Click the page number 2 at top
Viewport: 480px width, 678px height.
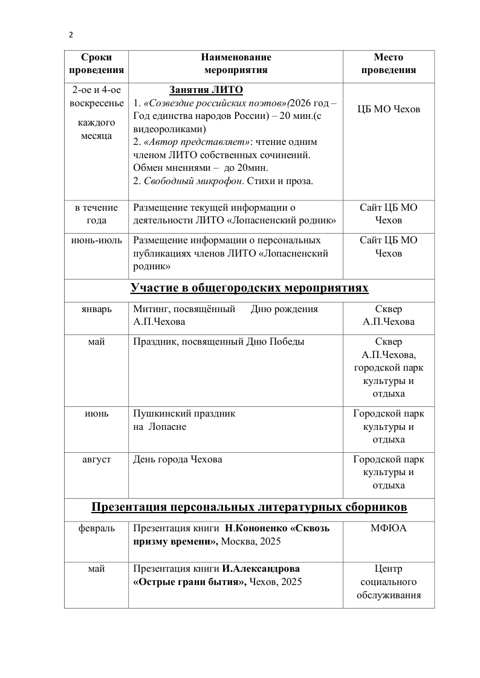click(x=71, y=35)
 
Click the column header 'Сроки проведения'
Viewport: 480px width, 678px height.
click(x=96, y=63)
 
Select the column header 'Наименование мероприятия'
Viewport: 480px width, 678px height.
click(x=236, y=63)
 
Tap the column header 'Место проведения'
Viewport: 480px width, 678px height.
click(x=389, y=63)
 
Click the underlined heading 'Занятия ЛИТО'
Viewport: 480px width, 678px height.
click(x=206, y=90)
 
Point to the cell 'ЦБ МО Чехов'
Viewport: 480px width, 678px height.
click(x=389, y=109)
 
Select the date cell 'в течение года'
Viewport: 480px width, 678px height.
click(x=96, y=214)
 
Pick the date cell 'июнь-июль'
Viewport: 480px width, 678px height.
click(x=96, y=240)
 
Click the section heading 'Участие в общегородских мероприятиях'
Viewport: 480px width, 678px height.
click(x=250, y=288)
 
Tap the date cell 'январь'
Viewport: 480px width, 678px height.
click(x=96, y=309)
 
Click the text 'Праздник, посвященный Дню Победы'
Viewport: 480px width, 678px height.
click(x=218, y=342)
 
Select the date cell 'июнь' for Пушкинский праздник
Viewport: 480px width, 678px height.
click(x=96, y=414)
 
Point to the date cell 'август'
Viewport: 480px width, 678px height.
click(x=96, y=459)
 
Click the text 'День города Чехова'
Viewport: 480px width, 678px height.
click(x=177, y=459)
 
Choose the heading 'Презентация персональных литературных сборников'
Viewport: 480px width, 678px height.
click(x=250, y=506)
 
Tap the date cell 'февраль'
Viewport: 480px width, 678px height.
click(x=96, y=528)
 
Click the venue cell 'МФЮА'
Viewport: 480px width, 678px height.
click(x=389, y=528)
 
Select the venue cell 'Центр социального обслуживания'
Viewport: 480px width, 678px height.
click(x=389, y=582)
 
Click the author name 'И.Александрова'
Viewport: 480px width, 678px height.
click(x=261, y=569)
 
